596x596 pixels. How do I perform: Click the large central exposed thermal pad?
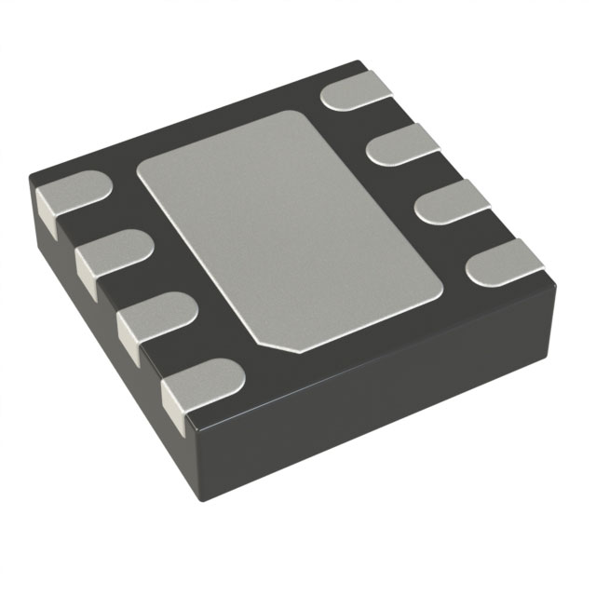pos(289,233)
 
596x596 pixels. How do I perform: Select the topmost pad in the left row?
pos(74,193)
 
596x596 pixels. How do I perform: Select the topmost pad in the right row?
pos(358,91)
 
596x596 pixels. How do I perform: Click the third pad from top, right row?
pos(449,199)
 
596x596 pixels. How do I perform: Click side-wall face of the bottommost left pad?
pos(173,400)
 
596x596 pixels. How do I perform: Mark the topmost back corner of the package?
pos(359,62)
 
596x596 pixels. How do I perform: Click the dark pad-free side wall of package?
pos(391,410)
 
